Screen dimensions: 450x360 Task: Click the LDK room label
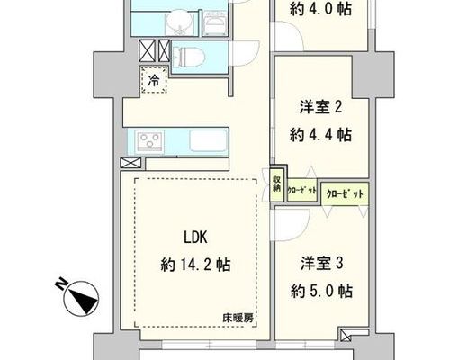coord(195,238)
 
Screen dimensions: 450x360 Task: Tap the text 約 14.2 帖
coord(195,265)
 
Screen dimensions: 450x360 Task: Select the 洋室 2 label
coord(321,107)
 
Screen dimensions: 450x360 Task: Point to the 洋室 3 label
coord(321,263)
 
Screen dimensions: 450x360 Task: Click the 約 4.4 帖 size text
coord(321,135)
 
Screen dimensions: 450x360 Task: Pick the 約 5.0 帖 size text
coord(321,291)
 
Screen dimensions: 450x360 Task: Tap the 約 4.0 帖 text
coord(321,9)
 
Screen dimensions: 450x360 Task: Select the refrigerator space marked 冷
coord(154,80)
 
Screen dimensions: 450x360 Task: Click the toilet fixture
coord(187,57)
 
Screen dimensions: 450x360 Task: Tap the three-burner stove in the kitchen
coord(149,141)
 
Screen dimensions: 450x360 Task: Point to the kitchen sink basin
coord(209,140)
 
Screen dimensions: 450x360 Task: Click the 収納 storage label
coord(276,184)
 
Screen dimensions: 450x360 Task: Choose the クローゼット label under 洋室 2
coord(301,190)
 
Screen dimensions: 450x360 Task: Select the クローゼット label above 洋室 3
coord(345,193)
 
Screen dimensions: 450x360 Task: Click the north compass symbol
coord(82,298)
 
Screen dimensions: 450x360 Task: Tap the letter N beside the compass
coord(62,283)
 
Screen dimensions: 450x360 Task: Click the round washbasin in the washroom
coord(179,21)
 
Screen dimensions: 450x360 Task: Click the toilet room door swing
coord(244,53)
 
